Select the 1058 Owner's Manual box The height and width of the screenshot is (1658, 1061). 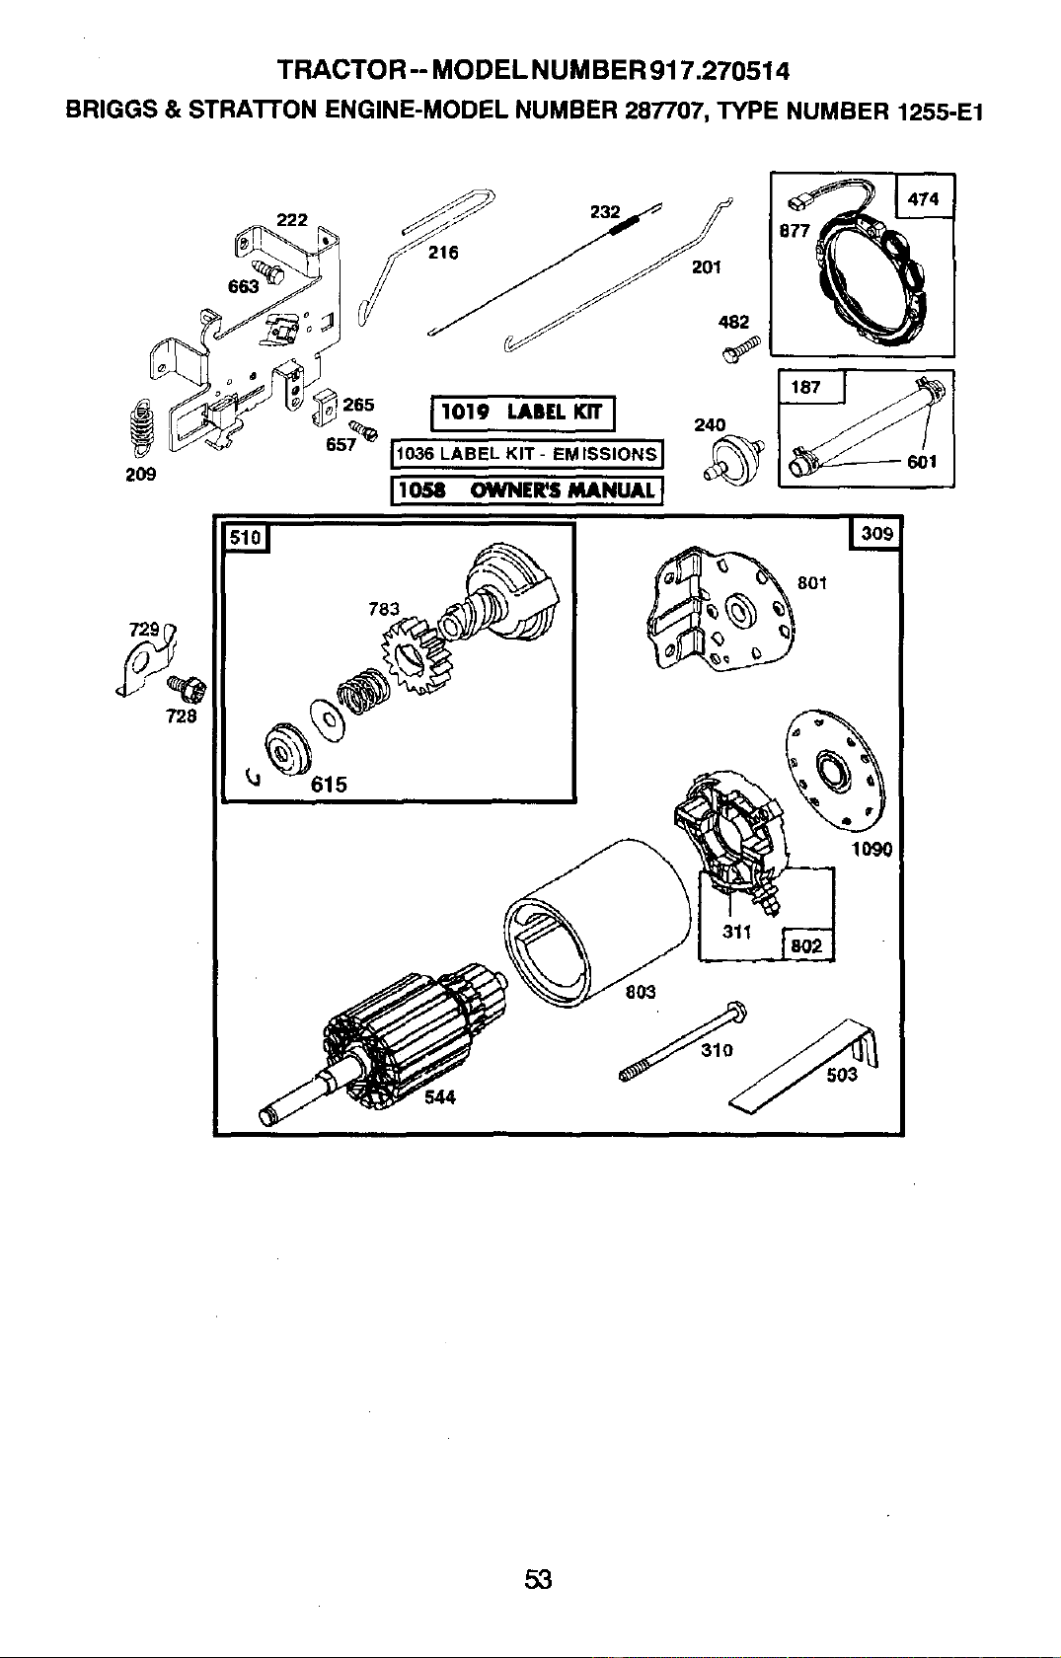pyautogui.click(x=526, y=490)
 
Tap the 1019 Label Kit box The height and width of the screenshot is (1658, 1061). pyautogui.click(x=523, y=413)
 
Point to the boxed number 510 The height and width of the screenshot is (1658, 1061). pyautogui.click(x=246, y=537)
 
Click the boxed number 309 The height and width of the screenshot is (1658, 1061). pyautogui.click(x=876, y=533)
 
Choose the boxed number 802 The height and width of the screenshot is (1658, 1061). pyautogui.click(x=806, y=945)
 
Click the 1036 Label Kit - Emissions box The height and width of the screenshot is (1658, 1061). pyautogui.click(x=526, y=454)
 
